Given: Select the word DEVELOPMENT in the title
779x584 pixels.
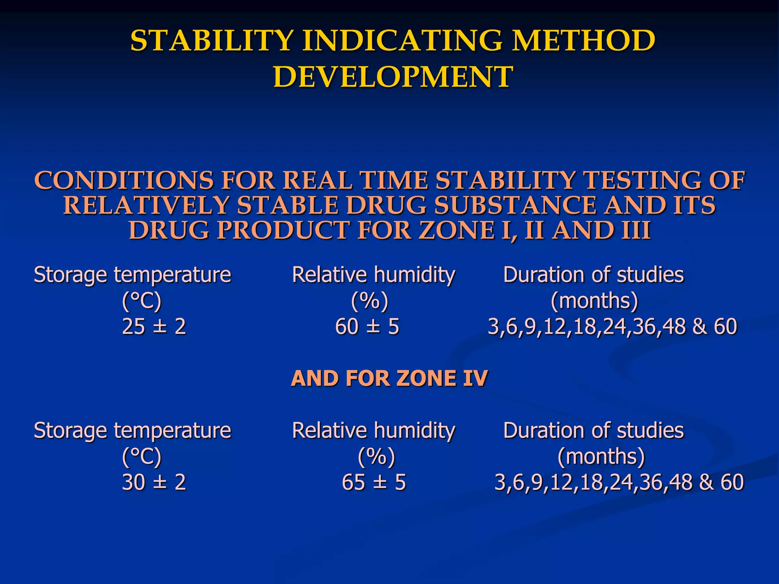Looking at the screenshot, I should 393,77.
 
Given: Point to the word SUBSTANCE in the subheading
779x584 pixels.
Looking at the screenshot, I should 516,205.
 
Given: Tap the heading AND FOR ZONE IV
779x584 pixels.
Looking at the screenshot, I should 389,378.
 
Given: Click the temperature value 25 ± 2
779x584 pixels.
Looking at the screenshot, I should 154,327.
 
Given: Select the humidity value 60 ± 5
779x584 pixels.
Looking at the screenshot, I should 367,327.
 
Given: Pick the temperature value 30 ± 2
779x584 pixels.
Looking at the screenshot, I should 154,482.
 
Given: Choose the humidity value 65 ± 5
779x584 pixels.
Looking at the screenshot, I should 374,482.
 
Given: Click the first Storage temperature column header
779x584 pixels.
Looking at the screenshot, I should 132,275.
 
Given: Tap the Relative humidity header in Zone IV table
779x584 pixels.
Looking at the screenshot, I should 374,430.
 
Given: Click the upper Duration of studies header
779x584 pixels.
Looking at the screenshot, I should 593,275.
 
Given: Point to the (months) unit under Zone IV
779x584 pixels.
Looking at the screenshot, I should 601,456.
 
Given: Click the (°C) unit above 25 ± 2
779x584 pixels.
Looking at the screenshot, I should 141,301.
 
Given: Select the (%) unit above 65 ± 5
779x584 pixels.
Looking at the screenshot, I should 376,456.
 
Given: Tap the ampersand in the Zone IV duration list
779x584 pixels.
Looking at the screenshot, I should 706,482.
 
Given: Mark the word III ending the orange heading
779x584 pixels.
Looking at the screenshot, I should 636,230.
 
